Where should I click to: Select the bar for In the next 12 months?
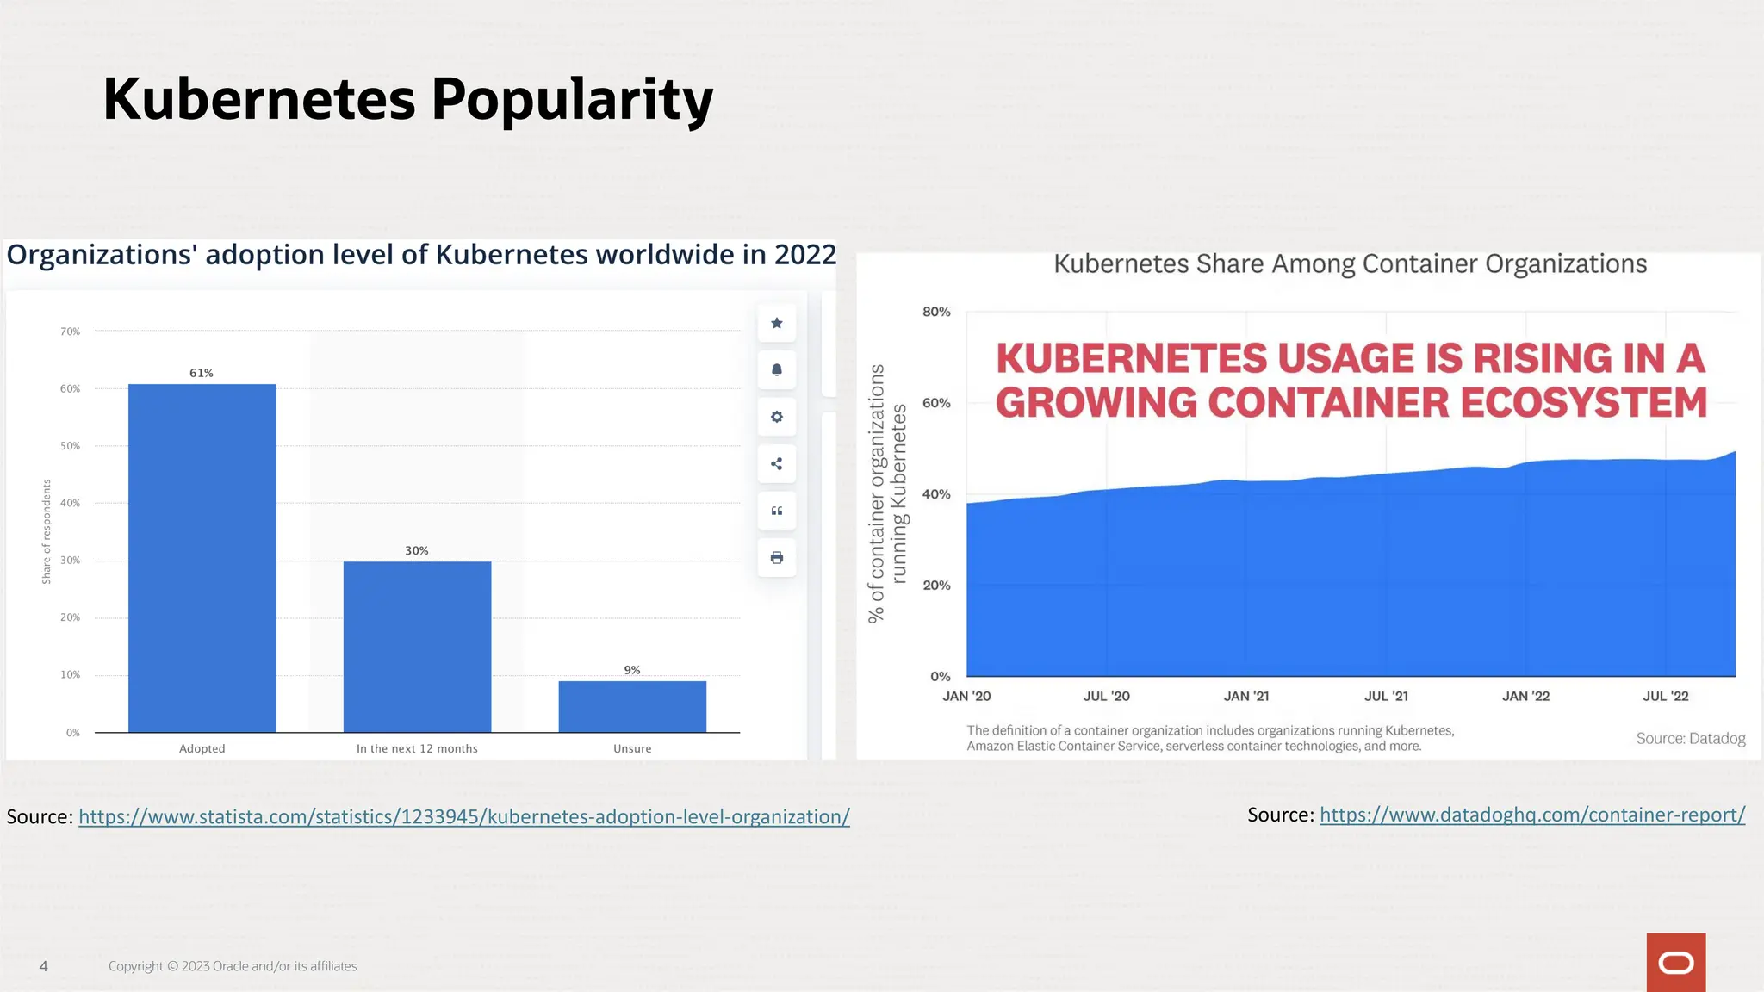click(x=417, y=647)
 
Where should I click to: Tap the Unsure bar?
click(x=632, y=706)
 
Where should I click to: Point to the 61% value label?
click(x=202, y=373)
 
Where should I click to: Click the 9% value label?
click(x=632, y=670)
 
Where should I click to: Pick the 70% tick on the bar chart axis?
click(x=71, y=332)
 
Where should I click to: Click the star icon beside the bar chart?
click(x=777, y=323)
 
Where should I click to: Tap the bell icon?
click(x=777, y=370)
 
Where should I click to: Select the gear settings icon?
click(x=777, y=417)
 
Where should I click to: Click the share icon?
click(x=777, y=464)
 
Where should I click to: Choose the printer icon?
click(x=777, y=558)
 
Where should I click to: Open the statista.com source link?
click(x=464, y=816)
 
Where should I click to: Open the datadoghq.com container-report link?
click(x=1532, y=815)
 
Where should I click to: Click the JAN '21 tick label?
click(x=1246, y=696)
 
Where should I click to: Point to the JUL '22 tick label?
click(x=1666, y=696)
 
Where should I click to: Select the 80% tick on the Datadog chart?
click(x=936, y=312)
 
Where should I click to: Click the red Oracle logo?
click(x=1676, y=963)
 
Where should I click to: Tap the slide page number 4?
click(x=44, y=966)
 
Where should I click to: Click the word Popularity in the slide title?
click(x=572, y=100)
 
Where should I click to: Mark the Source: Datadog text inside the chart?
click(x=1691, y=738)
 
